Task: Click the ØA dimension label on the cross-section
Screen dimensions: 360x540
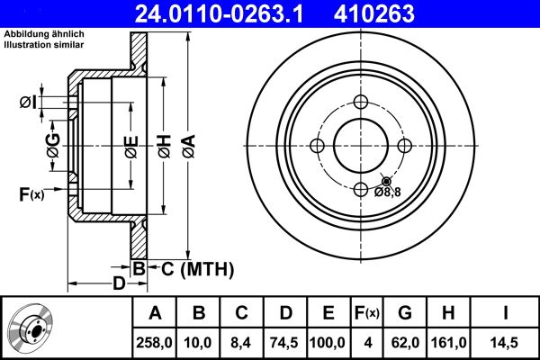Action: click(187, 143)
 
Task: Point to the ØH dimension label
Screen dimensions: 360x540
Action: click(163, 143)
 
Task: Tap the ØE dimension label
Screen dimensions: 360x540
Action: click(130, 143)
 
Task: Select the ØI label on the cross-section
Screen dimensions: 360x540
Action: click(28, 103)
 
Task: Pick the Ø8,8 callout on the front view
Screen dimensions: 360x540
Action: click(388, 191)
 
